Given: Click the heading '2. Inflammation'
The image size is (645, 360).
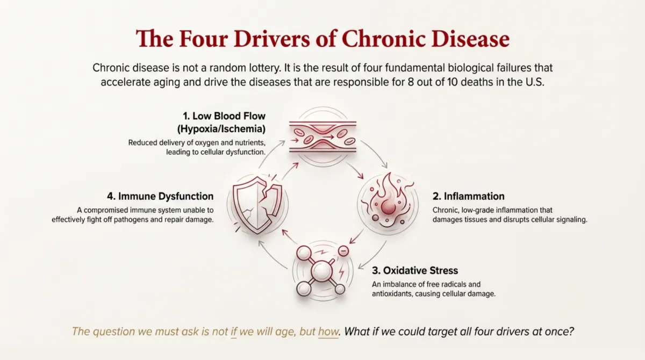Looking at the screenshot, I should [x=468, y=196].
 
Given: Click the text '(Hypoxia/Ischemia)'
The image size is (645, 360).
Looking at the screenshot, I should [x=223, y=129].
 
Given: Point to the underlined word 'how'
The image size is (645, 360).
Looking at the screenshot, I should [x=328, y=331].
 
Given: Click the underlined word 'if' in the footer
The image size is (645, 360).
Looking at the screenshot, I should [x=234, y=331].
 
